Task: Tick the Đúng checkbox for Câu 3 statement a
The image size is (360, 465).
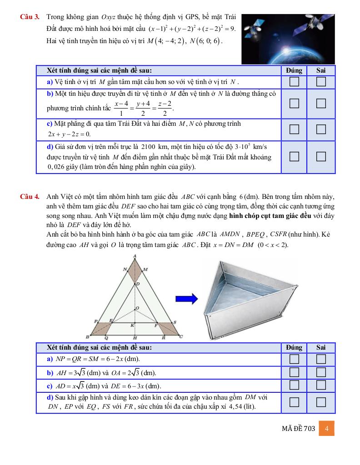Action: click(295, 82)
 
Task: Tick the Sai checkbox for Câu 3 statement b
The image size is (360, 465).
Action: click(321, 103)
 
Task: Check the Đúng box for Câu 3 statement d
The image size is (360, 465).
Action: click(295, 157)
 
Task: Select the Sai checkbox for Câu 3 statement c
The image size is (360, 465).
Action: click(321, 129)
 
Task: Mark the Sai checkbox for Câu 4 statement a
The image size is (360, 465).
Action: click(321, 359)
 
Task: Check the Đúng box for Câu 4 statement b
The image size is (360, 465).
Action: click(295, 372)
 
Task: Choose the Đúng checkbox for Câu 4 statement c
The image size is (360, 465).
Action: click(295, 386)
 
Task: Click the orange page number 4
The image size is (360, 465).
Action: click(327, 429)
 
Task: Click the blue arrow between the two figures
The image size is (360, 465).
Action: click(186, 299)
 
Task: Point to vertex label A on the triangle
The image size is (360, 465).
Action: click(135, 257)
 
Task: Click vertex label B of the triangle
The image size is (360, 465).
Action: click(87, 337)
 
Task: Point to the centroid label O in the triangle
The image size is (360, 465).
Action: click(138, 308)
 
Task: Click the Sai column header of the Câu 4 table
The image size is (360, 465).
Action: click(321, 347)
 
